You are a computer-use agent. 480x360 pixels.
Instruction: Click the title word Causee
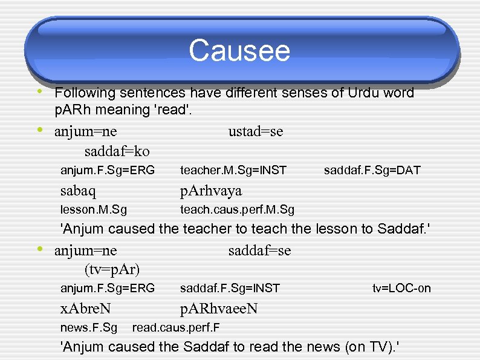point(239,51)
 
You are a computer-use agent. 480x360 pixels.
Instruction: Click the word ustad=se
point(256,131)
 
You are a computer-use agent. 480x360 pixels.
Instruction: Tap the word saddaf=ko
point(117,151)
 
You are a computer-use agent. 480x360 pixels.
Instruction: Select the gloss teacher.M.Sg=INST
point(233,171)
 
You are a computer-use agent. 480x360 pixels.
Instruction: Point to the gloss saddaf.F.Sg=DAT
point(372,171)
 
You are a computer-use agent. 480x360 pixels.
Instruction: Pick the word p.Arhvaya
point(211,191)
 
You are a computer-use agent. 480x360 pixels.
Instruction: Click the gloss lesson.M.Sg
point(94,210)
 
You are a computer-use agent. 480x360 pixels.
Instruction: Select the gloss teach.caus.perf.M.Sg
point(237,210)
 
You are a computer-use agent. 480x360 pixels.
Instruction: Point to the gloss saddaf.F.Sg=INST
point(230,288)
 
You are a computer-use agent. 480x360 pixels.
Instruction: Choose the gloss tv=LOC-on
point(401,288)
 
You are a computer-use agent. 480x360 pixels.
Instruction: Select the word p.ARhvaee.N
point(219,309)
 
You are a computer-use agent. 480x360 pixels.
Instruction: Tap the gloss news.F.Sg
point(89,328)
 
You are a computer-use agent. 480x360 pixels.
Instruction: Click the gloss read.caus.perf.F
point(175,328)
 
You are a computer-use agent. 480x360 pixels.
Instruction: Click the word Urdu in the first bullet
point(363,93)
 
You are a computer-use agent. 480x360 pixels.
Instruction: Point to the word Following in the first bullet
point(85,93)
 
